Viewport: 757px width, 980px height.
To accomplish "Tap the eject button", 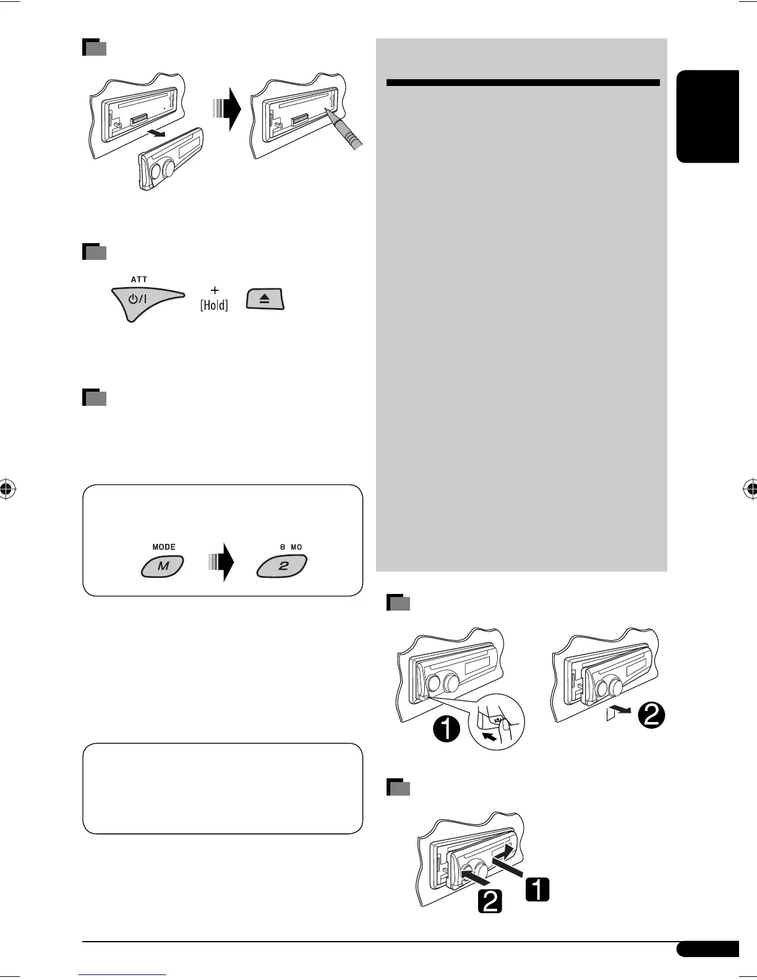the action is click(265, 299).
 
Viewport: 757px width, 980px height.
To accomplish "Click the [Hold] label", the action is click(214, 305).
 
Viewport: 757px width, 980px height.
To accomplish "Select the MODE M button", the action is click(163, 566).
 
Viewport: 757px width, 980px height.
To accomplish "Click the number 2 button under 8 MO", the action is click(283, 566).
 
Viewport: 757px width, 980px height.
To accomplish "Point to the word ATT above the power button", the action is click(139, 280).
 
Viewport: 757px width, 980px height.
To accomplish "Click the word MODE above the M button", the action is click(164, 547).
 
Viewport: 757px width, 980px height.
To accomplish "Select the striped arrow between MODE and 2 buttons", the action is click(223, 562).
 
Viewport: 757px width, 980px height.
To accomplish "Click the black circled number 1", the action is click(447, 731).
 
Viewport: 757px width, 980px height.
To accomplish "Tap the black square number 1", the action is click(537, 890).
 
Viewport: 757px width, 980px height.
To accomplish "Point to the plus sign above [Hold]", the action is click(215, 290).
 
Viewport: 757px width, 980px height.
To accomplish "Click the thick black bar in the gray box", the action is click(523, 82).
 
